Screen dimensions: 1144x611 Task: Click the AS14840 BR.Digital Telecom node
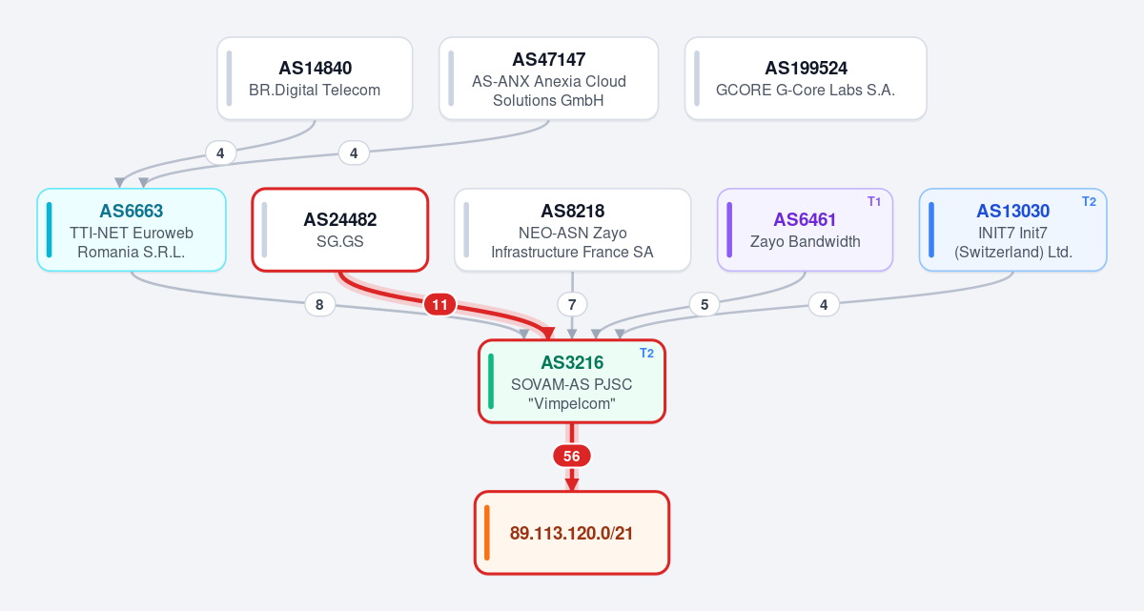pyautogui.click(x=315, y=78)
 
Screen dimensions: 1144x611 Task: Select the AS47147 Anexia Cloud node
pyautogui.click(x=548, y=78)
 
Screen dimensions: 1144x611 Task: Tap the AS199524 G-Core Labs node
pyautogui.click(x=806, y=78)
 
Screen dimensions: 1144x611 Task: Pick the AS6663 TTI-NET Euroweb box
pyautogui.click(x=132, y=230)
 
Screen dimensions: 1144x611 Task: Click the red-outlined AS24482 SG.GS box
pyautogui.click(x=340, y=230)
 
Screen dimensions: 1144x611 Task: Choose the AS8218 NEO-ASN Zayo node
pyautogui.click(x=572, y=230)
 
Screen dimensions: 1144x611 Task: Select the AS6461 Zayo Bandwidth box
pyautogui.click(x=805, y=230)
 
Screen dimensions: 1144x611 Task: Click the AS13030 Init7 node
pyautogui.click(x=1012, y=230)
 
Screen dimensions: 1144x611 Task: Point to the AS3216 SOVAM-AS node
pyautogui.click(x=572, y=381)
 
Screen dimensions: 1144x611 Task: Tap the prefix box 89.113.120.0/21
pyautogui.click(x=572, y=533)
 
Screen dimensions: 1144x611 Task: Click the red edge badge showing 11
pyautogui.click(x=439, y=305)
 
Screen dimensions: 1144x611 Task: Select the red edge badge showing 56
pyautogui.click(x=572, y=456)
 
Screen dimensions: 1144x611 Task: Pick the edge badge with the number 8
pyautogui.click(x=319, y=305)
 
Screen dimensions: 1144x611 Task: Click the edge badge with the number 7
pyautogui.click(x=572, y=305)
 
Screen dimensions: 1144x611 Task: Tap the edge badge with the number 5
pyautogui.click(x=705, y=305)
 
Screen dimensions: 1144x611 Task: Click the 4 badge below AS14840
pyautogui.click(x=220, y=153)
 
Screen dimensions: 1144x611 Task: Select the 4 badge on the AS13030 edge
pyautogui.click(x=824, y=305)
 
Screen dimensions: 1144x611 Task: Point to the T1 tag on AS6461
pyautogui.click(x=874, y=202)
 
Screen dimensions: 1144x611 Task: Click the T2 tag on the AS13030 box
pyautogui.click(x=1089, y=202)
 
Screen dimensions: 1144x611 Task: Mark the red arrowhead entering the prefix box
pyautogui.click(x=572, y=485)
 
